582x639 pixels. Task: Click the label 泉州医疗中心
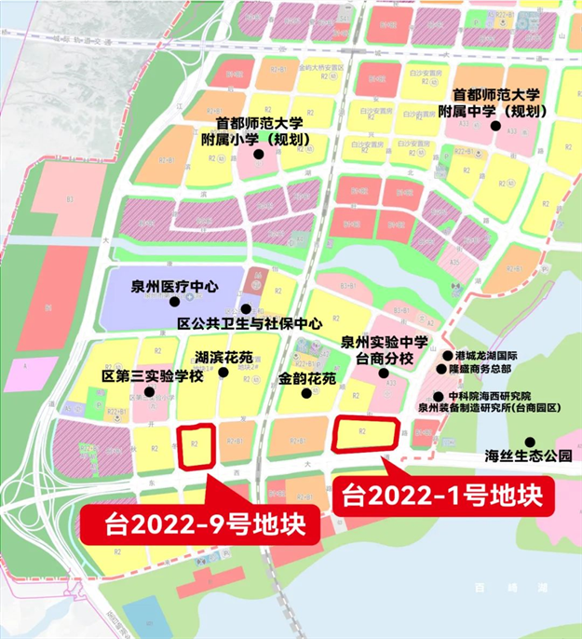pyautogui.click(x=175, y=288)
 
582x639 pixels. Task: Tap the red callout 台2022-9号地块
pyautogui.click(x=199, y=524)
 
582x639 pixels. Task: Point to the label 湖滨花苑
pyautogui.click(x=223, y=358)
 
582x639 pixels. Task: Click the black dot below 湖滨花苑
pyautogui.click(x=223, y=374)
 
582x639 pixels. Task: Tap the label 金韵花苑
pyautogui.click(x=306, y=380)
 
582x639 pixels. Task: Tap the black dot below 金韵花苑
pyautogui.click(x=306, y=395)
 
